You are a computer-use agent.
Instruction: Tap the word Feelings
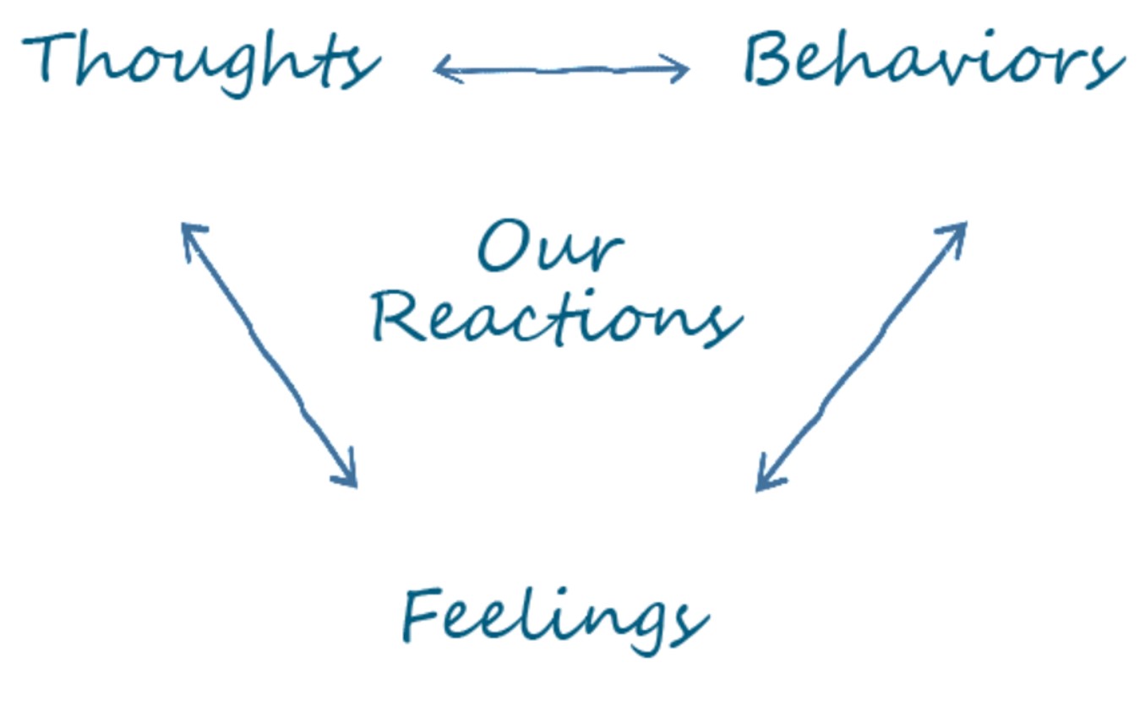[553, 617]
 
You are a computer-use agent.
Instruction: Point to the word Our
[549, 247]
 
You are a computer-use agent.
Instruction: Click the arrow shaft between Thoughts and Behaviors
[562, 69]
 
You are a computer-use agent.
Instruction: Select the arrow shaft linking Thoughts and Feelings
[269, 355]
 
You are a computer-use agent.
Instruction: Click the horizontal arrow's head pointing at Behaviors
[681, 69]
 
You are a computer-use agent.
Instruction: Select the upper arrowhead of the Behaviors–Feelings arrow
[958, 230]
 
